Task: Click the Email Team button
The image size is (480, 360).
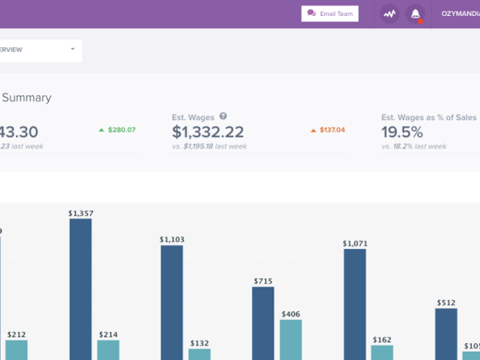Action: (x=330, y=14)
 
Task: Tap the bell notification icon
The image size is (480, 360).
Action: (x=414, y=14)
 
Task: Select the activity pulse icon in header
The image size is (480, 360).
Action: (x=390, y=14)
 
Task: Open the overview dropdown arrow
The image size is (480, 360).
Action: (x=72, y=50)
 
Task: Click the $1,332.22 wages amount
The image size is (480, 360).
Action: (x=208, y=133)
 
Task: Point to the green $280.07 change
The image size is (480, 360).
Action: (x=117, y=130)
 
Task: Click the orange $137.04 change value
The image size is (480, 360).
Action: (x=327, y=130)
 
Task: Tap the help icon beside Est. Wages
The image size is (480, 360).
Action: (x=223, y=116)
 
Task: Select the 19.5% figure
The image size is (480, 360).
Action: (x=402, y=133)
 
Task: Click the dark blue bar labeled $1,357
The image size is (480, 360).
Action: (x=81, y=289)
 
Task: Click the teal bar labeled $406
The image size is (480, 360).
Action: (x=290, y=339)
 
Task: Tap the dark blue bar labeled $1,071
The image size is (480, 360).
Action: (x=355, y=304)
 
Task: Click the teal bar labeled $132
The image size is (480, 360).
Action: (x=199, y=354)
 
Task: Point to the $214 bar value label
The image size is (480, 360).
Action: (x=108, y=334)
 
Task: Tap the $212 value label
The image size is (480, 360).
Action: (x=17, y=334)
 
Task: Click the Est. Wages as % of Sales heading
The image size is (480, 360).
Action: (x=429, y=117)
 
